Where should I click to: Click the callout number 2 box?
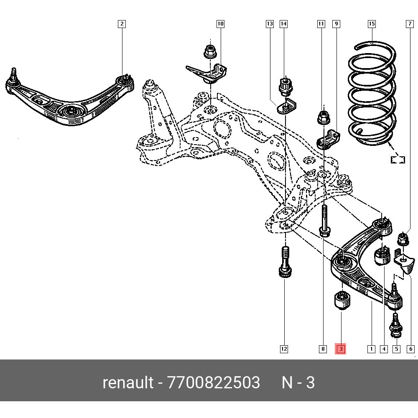pyautogui.click(x=122, y=24)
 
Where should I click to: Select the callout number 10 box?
pyautogui.click(x=220, y=24)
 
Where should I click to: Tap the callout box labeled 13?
pyautogui.click(x=270, y=24)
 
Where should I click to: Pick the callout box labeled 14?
pyautogui.click(x=284, y=24)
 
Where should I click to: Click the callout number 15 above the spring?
pyautogui.click(x=372, y=24)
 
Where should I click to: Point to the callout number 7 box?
pyautogui.click(x=410, y=24)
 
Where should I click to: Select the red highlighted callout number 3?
pyautogui.click(x=341, y=349)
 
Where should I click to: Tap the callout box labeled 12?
pyautogui.click(x=284, y=349)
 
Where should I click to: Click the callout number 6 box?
pyautogui.click(x=410, y=349)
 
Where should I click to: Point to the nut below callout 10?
pyautogui.click(x=209, y=51)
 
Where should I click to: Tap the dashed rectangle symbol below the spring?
pyautogui.click(x=398, y=159)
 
